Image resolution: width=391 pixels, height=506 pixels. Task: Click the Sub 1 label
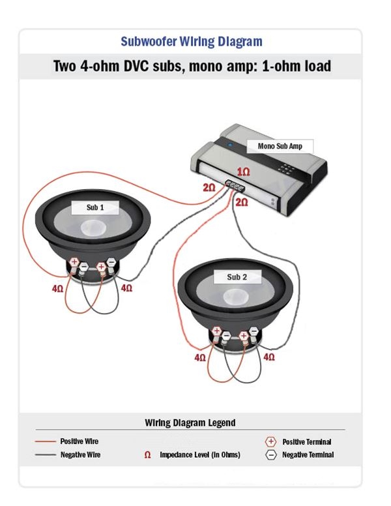pos(95,207)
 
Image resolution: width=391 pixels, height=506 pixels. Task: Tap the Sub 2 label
pos(237,277)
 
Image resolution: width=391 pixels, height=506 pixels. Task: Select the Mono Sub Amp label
pos(280,146)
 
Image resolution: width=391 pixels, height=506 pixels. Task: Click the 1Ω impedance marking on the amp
pos(244,171)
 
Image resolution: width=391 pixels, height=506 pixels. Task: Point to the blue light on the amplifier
pos(230,145)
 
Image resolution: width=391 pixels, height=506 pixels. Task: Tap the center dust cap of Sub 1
pos(94,227)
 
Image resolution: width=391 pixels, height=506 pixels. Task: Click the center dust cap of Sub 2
pos(236,296)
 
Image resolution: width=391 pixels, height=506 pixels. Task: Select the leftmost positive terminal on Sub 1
pos(74,261)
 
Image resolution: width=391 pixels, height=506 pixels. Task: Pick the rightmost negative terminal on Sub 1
pos(111,262)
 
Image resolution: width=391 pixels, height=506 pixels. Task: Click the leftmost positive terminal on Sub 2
pos(217,331)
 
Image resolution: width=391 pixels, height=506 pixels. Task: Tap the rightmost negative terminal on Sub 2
pos(254,331)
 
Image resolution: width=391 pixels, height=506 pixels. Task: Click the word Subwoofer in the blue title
pos(149,41)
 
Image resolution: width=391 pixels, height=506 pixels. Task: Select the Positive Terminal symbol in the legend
pos(270,441)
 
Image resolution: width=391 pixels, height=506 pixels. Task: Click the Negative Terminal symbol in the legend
pos(270,454)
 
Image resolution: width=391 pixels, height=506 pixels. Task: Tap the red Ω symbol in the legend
pos(147,455)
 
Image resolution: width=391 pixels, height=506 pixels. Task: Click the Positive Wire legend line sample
pos(46,441)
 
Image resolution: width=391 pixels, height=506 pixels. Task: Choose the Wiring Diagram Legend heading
pos(190,423)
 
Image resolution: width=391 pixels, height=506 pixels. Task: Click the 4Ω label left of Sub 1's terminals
pos(58,288)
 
